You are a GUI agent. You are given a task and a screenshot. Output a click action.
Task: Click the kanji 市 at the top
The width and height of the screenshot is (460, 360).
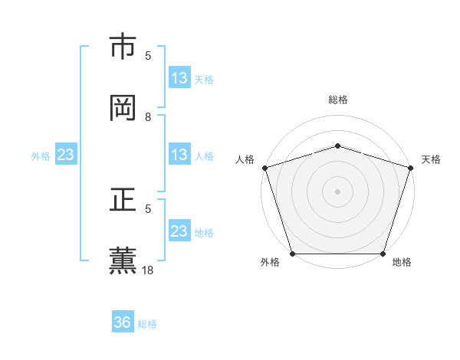(123, 47)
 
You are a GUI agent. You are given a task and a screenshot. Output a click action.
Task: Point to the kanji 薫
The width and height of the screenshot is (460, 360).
(123, 260)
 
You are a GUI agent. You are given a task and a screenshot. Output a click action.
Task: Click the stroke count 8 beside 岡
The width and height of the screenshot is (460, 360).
(149, 116)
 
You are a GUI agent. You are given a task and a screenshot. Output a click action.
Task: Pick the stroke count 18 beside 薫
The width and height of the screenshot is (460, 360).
(149, 270)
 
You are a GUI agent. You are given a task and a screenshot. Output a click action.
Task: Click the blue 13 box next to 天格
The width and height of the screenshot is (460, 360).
(179, 78)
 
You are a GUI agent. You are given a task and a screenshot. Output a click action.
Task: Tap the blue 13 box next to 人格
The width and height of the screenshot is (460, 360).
(179, 155)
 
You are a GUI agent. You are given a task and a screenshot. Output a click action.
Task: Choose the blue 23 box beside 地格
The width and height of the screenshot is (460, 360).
(179, 231)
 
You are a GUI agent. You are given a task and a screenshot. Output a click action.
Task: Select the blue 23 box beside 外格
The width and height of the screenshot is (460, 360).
(66, 155)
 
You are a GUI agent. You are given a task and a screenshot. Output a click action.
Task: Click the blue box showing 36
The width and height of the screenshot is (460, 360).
(123, 322)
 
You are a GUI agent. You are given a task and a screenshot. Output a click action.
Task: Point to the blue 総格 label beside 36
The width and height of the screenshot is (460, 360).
(147, 323)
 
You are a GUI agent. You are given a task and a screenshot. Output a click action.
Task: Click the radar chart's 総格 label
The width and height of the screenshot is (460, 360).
(337, 100)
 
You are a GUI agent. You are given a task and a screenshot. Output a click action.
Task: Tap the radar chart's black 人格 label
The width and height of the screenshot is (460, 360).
(245, 159)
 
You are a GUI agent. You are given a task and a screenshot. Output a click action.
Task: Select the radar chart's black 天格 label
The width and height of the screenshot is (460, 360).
(431, 159)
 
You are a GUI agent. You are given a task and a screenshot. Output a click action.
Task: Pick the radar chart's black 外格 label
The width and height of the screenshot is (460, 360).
(270, 263)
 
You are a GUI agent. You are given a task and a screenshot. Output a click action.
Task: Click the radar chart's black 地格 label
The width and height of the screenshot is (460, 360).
(402, 263)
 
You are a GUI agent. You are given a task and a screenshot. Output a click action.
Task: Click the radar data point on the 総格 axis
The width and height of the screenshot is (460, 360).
(337, 146)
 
